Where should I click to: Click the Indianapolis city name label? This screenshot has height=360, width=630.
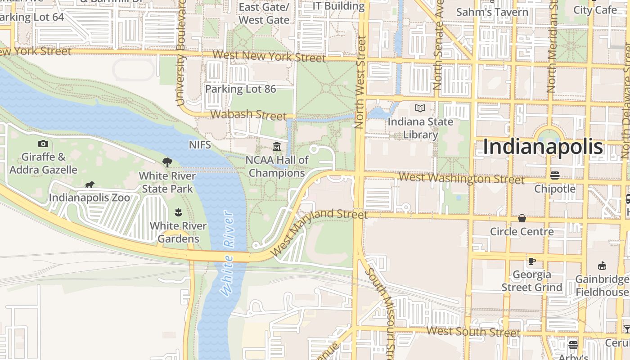(543, 147)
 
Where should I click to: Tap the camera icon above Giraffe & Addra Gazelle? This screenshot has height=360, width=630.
(43, 144)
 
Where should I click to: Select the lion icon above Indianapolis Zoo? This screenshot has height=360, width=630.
(89, 185)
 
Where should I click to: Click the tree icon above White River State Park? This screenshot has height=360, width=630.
(167, 162)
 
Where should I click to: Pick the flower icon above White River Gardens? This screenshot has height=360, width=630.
(178, 212)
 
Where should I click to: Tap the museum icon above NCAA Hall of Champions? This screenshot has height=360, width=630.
(277, 147)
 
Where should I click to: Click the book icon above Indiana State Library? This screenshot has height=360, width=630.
(420, 108)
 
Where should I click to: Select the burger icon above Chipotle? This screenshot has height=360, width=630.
(555, 175)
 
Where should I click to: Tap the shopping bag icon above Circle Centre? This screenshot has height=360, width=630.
(522, 219)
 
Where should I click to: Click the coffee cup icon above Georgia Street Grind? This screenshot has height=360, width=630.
(531, 261)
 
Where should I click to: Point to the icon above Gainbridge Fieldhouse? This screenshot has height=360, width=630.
(602, 266)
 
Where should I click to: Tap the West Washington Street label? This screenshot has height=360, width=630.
(461, 179)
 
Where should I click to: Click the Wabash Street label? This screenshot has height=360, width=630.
(248, 115)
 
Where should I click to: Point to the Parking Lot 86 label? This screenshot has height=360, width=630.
(240, 89)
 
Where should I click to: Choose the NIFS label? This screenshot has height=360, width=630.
(199, 145)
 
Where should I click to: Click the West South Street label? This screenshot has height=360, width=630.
(473, 332)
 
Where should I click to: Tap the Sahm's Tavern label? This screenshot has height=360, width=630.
(492, 12)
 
